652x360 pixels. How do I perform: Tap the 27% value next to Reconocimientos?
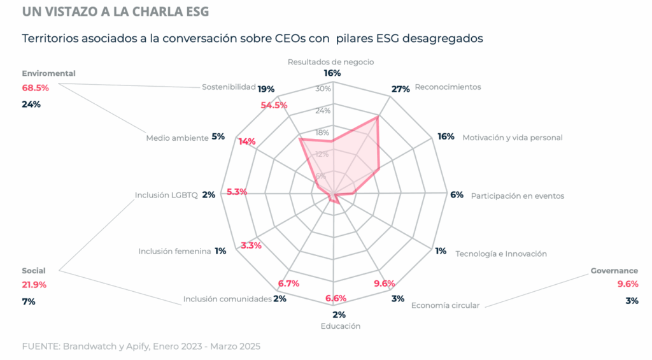pos(400,89)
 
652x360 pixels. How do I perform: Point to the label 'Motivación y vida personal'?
pos(513,137)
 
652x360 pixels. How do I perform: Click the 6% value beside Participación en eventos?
pos(457,195)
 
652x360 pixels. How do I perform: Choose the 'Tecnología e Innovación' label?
pos(501,254)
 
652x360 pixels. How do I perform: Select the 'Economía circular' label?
pos(445,305)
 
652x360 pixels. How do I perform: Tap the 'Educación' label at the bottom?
pos(341,326)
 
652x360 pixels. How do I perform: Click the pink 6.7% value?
pos(288,284)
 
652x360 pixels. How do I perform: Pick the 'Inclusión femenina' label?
pos(174,251)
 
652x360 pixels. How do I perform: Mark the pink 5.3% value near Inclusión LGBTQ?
pos(236,192)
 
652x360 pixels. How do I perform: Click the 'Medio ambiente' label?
pos(177,138)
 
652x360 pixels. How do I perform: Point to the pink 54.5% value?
pos(274,105)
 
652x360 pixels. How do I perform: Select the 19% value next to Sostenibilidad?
pos(266,89)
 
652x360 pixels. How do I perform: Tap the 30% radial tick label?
pos(323,89)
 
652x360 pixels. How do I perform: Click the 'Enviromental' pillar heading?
pos(48,73)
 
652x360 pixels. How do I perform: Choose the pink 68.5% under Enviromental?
pos(35,87)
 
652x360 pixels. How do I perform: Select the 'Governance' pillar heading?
pos(614,271)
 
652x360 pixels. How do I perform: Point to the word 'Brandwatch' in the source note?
pos(85,347)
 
